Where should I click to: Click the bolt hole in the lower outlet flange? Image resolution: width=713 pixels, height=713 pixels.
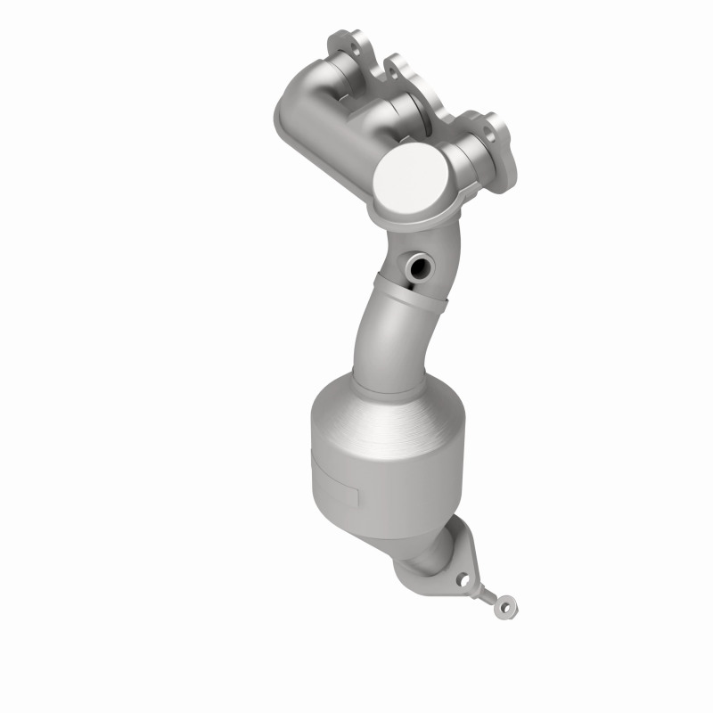462,579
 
